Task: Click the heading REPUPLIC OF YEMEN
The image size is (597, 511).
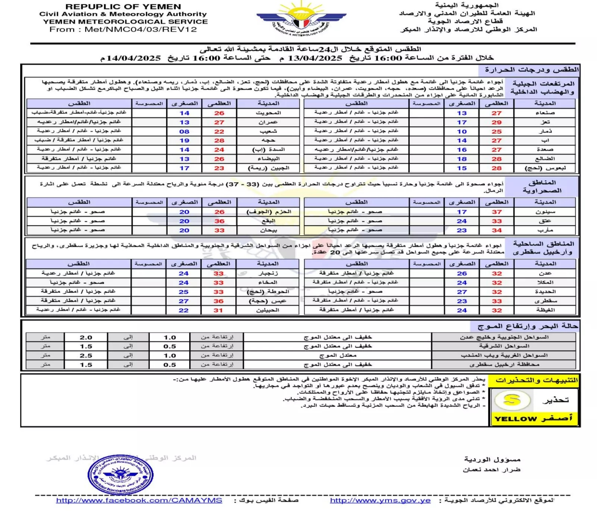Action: (123, 7)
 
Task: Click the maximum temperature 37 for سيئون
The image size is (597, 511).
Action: (497, 212)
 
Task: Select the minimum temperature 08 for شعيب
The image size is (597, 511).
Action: (184, 132)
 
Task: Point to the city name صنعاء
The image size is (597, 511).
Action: (545, 113)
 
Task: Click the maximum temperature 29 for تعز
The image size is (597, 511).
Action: (497, 122)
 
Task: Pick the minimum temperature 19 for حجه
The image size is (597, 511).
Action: (184, 141)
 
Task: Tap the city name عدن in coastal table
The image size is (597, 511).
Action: (545, 273)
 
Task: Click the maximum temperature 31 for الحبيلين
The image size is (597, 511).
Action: (218, 310)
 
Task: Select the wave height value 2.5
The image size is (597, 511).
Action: (86, 356)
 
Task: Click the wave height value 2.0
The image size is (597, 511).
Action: (86, 337)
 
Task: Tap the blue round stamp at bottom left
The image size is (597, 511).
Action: (121, 474)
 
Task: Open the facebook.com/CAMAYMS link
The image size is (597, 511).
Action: (139, 501)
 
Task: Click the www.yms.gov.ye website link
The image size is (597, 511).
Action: (380, 501)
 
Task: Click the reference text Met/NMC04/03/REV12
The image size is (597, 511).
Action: (141, 29)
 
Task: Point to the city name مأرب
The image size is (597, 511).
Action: (545, 230)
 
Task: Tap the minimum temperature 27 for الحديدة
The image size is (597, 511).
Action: (462, 292)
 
